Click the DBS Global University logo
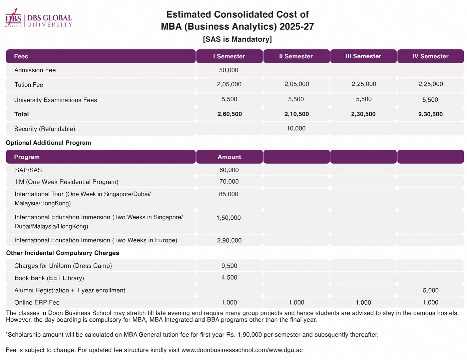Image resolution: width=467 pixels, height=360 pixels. click(39, 18)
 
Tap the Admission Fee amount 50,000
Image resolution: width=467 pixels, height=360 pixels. click(228, 70)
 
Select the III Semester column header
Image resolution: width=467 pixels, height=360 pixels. click(363, 56)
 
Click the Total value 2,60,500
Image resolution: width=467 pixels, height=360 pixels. click(229, 114)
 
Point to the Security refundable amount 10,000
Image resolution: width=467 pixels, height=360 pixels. click(296, 128)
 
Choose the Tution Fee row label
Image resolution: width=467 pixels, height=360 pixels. click(29, 85)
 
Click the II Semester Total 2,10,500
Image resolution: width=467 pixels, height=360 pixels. click(296, 114)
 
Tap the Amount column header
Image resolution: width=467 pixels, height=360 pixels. click(229, 157)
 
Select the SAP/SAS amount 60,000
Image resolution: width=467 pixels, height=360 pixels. click(229, 170)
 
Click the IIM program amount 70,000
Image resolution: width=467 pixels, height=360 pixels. click(229, 182)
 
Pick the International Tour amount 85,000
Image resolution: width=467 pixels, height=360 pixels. click(228, 194)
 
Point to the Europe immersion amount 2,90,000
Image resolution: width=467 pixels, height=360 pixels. click(229, 240)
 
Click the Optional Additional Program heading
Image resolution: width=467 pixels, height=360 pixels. click(48, 143)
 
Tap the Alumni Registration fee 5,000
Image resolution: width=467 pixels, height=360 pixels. click(430, 290)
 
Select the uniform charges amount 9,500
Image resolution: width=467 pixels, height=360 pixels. click(229, 266)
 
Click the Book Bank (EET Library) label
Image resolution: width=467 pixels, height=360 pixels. click(49, 278)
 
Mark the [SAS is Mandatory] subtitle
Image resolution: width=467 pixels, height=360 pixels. click(237, 39)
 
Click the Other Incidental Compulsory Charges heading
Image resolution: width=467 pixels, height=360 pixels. click(62, 253)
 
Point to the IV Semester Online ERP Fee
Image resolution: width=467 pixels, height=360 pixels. click(430, 302)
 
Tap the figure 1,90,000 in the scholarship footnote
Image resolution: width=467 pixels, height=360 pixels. click(250, 335)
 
